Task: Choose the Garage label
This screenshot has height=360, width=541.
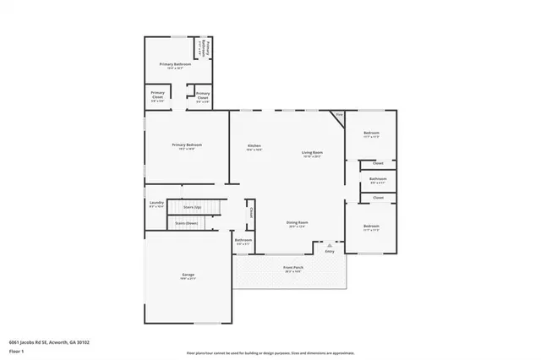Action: [187, 276]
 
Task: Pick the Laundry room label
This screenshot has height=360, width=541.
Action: [156, 204]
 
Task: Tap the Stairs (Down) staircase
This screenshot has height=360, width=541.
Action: [188, 223]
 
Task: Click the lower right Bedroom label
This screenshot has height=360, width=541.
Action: [371, 226]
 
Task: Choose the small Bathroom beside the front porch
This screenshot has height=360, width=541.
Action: [243, 243]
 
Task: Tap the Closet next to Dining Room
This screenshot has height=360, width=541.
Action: [251, 215]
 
